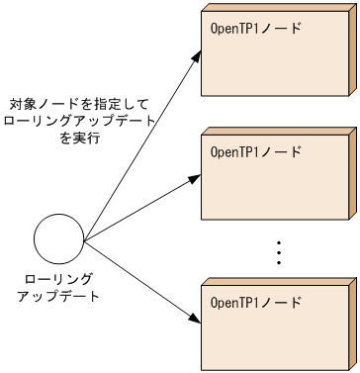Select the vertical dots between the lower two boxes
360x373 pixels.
click(x=279, y=251)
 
